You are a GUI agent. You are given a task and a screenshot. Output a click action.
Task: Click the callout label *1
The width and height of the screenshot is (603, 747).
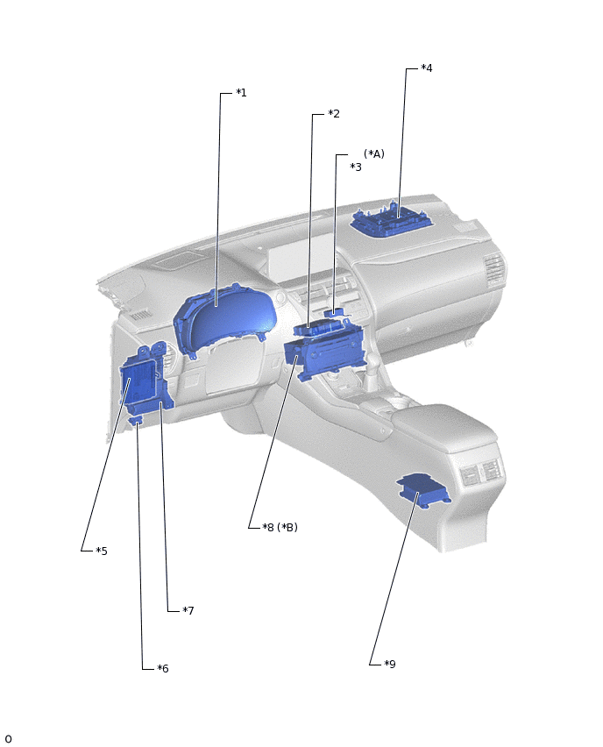[x=242, y=92]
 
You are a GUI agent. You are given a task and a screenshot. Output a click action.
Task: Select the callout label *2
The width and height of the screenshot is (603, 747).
[x=333, y=113]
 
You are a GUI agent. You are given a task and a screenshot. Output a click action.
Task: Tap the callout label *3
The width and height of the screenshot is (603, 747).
[x=356, y=167]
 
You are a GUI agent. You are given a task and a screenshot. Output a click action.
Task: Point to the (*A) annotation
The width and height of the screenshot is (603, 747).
[x=374, y=153]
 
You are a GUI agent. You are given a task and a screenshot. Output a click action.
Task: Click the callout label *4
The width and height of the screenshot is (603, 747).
[x=426, y=68]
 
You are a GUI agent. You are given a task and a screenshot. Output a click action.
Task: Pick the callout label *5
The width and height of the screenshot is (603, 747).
[x=102, y=551]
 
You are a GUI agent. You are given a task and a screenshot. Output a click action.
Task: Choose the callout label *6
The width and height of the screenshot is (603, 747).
[x=163, y=668]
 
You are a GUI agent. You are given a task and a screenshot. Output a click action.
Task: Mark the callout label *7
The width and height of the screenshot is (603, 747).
[x=188, y=610]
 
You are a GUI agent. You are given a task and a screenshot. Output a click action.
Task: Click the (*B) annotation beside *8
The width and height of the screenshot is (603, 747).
[x=287, y=527]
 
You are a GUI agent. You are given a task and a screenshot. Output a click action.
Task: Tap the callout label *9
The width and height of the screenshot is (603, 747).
[x=390, y=664]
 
